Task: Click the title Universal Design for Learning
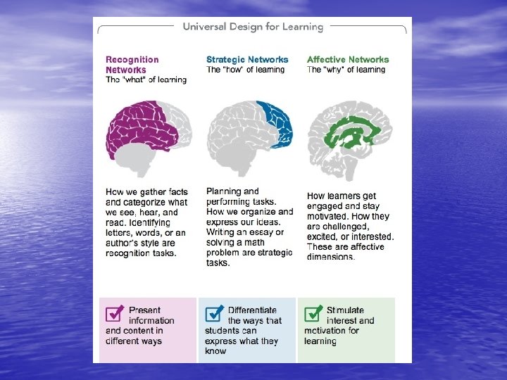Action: (x=253, y=27)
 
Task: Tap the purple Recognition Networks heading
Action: (x=132, y=65)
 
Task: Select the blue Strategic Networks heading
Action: (x=247, y=60)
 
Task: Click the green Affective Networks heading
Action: (x=348, y=60)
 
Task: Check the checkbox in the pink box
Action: (x=114, y=313)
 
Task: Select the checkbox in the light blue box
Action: (x=214, y=313)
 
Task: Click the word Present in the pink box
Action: (x=145, y=310)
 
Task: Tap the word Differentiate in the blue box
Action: (x=252, y=310)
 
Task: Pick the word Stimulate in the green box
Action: (x=345, y=310)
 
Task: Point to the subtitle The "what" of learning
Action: (x=146, y=80)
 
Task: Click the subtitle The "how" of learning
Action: (x=246, y=70)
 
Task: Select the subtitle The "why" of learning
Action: (x=346, y=70)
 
